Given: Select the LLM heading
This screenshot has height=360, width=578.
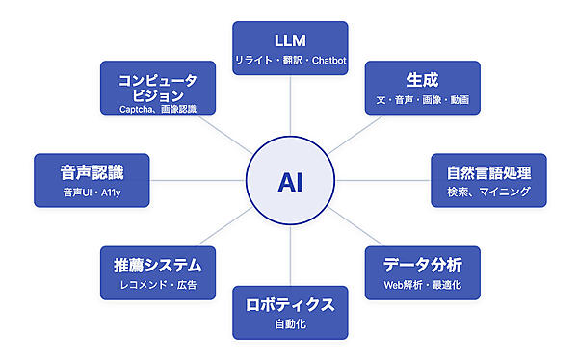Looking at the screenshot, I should [x=290, y=40].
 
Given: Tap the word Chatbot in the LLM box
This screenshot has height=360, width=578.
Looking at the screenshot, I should [x=328, y=61].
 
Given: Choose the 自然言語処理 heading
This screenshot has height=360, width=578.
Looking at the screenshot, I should [x=488, y=174].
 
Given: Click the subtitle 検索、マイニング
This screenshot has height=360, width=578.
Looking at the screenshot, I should [x=488, y=193].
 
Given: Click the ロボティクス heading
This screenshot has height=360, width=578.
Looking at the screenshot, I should [x=290, y=305].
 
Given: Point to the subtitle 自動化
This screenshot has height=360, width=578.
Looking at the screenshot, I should [x=290, y=325].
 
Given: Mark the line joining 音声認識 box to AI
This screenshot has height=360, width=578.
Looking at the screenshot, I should [x=197, y=180].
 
